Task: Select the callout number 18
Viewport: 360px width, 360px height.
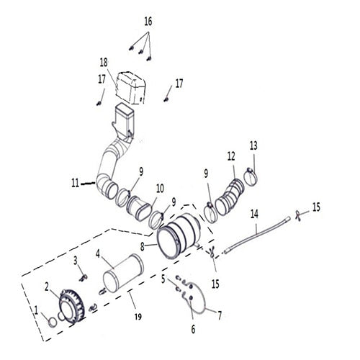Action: [x=104, y=63]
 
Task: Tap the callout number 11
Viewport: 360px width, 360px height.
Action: [x=75, y=183]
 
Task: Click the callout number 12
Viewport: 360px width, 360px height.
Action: [x=230, y=156]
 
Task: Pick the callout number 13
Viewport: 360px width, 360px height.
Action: [x=253, y=146]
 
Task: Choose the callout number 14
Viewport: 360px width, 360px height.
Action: [x=254, y=213]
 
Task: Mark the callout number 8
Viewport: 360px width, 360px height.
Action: [x=143, y=246]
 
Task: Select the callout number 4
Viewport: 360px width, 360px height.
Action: [x=98, y=253]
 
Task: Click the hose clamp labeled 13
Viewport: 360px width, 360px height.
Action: [x=251, y=174]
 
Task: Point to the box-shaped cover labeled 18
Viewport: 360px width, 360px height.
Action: [x=130, y=86]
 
